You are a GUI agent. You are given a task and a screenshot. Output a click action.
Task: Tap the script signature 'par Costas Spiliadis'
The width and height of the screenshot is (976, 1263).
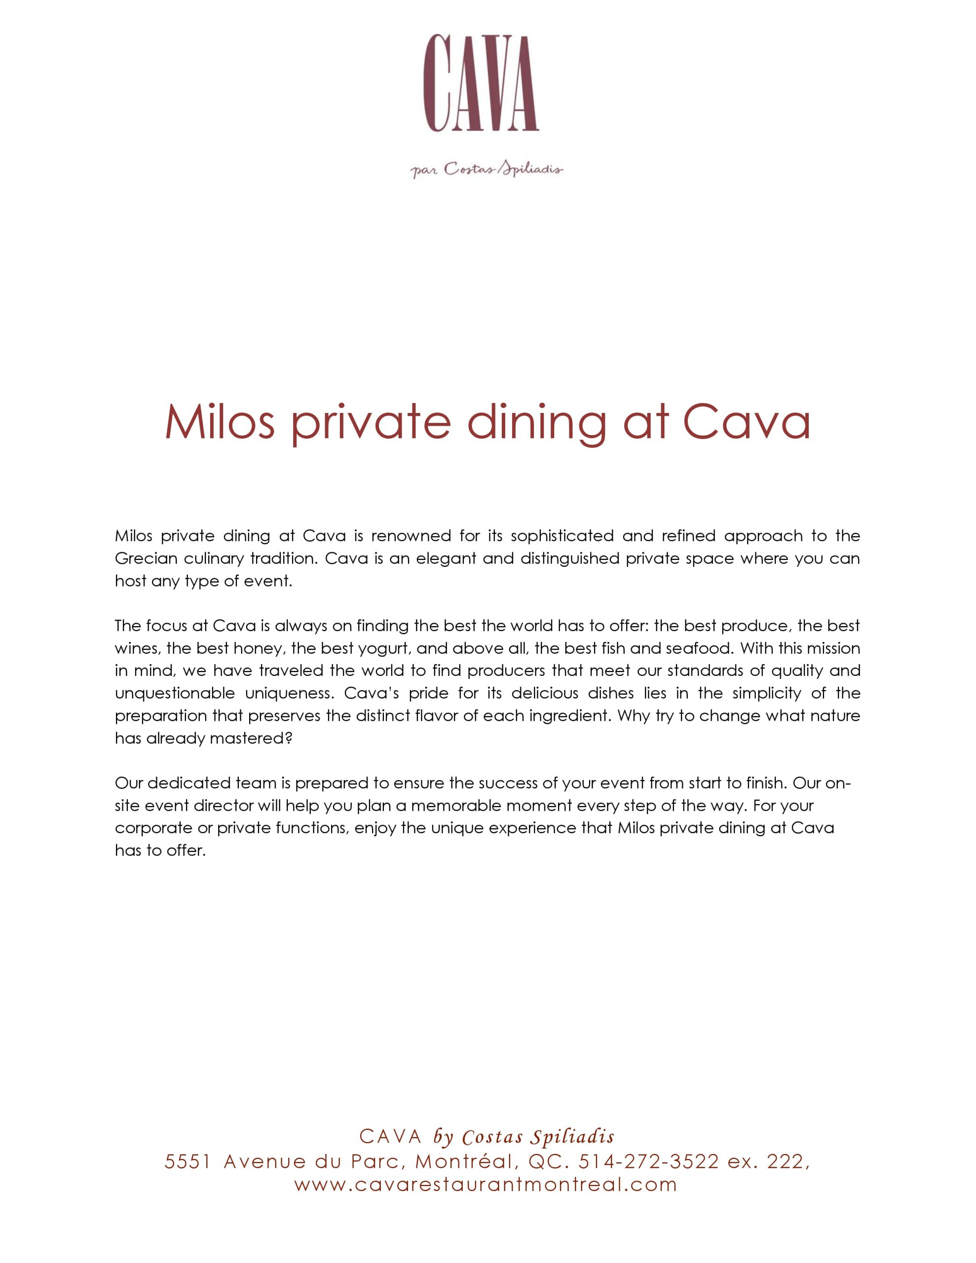coord(487,170)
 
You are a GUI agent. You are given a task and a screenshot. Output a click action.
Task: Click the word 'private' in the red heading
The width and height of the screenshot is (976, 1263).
coord(370,423)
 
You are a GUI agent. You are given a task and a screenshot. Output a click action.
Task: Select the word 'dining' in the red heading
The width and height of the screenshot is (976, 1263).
coord(536,423)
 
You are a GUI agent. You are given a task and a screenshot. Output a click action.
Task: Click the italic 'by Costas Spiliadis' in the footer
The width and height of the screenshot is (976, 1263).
coord(524,1137)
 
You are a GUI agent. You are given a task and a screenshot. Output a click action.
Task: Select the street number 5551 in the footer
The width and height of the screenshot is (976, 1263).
coord(187,1161)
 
